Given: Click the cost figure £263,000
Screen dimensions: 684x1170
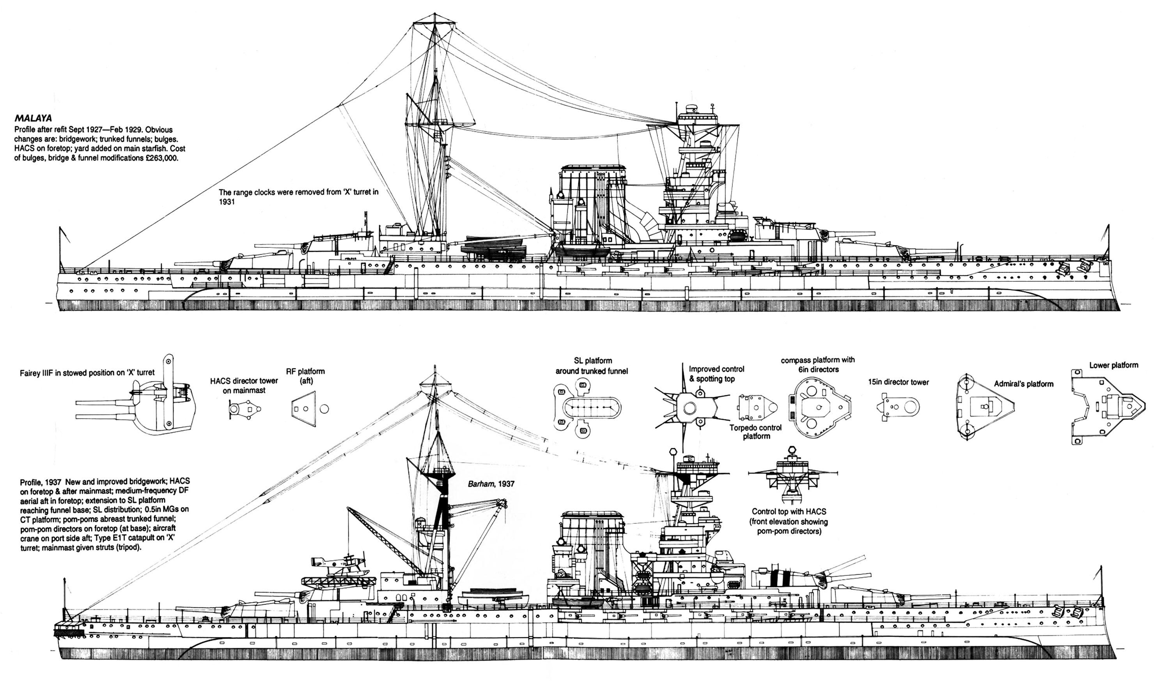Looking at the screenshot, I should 156,158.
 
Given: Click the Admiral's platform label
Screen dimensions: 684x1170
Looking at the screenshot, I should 1023,384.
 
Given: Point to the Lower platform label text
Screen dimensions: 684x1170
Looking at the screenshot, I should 1113,365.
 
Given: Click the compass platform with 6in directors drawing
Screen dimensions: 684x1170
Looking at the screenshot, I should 819,407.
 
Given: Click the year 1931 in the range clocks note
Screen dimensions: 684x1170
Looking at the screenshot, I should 227,202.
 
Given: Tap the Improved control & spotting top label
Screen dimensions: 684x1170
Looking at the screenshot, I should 716,374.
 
